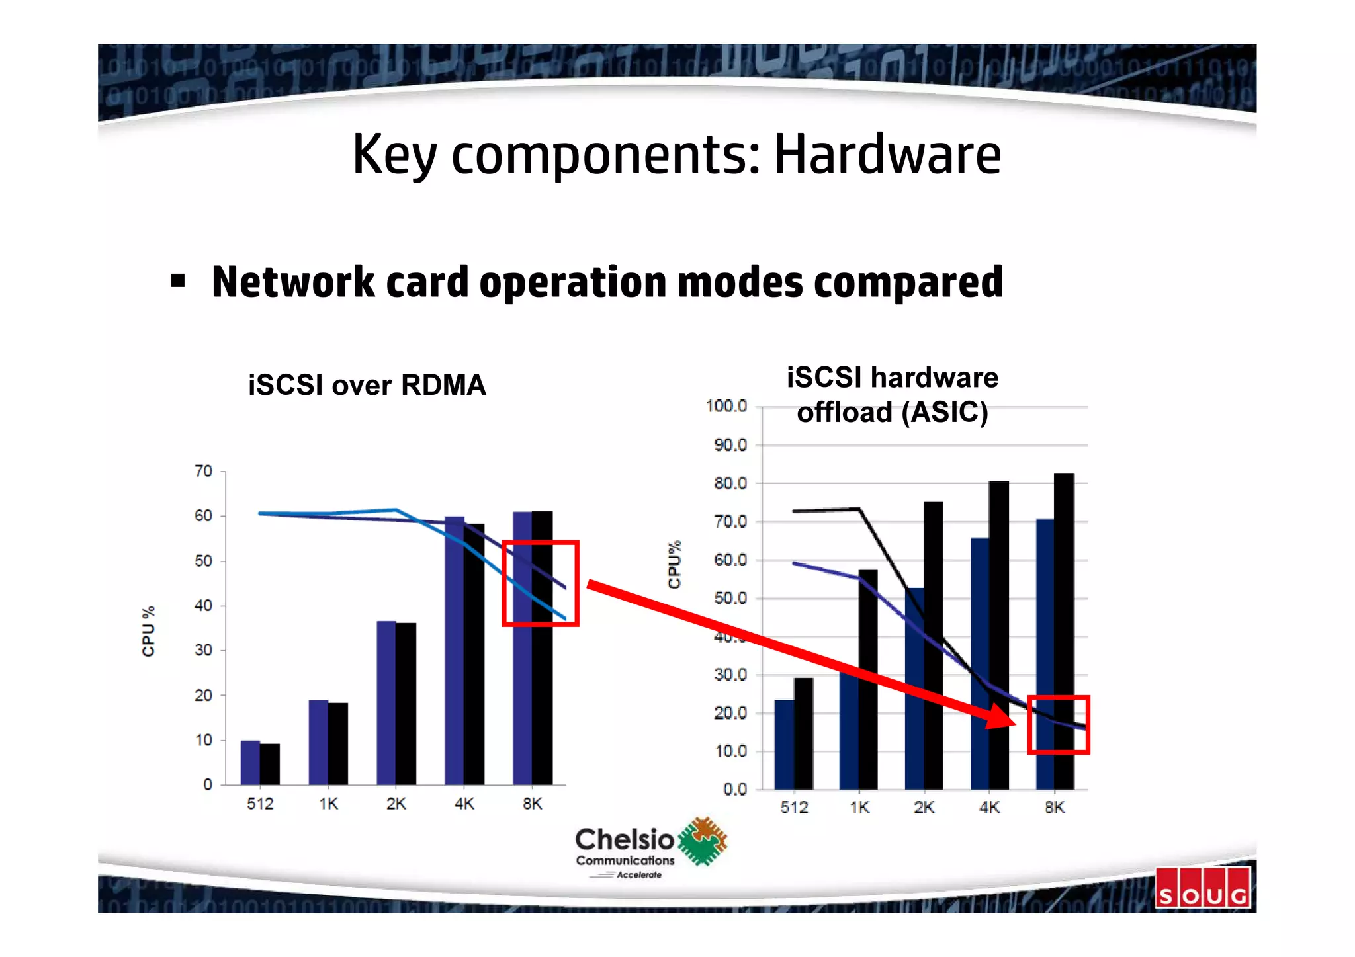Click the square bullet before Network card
177,282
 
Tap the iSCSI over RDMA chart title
367,385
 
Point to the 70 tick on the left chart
203,471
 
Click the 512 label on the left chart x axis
260,804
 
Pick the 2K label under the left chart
396,804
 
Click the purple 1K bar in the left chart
318,742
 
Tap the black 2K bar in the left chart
406,704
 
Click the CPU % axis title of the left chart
148,631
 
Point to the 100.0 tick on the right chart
726,405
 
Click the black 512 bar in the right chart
803,733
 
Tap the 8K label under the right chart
1055,808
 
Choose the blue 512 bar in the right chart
784,745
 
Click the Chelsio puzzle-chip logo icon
703,841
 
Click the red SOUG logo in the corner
1203,888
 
